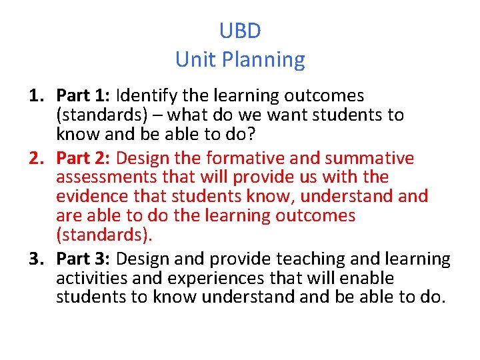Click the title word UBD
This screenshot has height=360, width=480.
tap(240, 31)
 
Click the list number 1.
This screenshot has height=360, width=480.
tap(37, 96)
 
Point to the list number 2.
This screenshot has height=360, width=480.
tap(37, 159)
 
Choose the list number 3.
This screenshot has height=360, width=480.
tap(37, 259)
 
